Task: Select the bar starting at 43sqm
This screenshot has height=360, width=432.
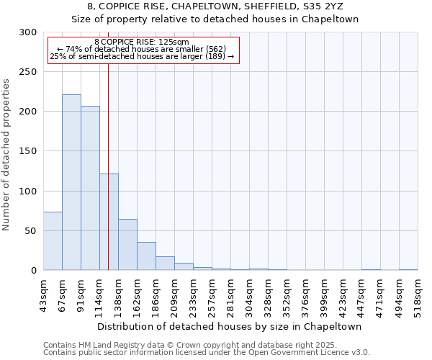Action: (x=53, y=241)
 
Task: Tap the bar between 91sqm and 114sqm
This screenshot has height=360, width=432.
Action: (x=90, y=188)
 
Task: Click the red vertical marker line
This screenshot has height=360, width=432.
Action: (x=108, y=144)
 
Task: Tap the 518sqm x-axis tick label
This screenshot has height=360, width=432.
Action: (x=418, y=297)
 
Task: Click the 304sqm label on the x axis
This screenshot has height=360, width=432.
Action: (x=249, y=297)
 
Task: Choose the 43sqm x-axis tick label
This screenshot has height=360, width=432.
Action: (x=43, y=295)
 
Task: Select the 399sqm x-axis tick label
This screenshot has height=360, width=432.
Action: (x=324, y=297)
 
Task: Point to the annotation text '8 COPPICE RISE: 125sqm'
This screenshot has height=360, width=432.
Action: (x=141, y=42)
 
